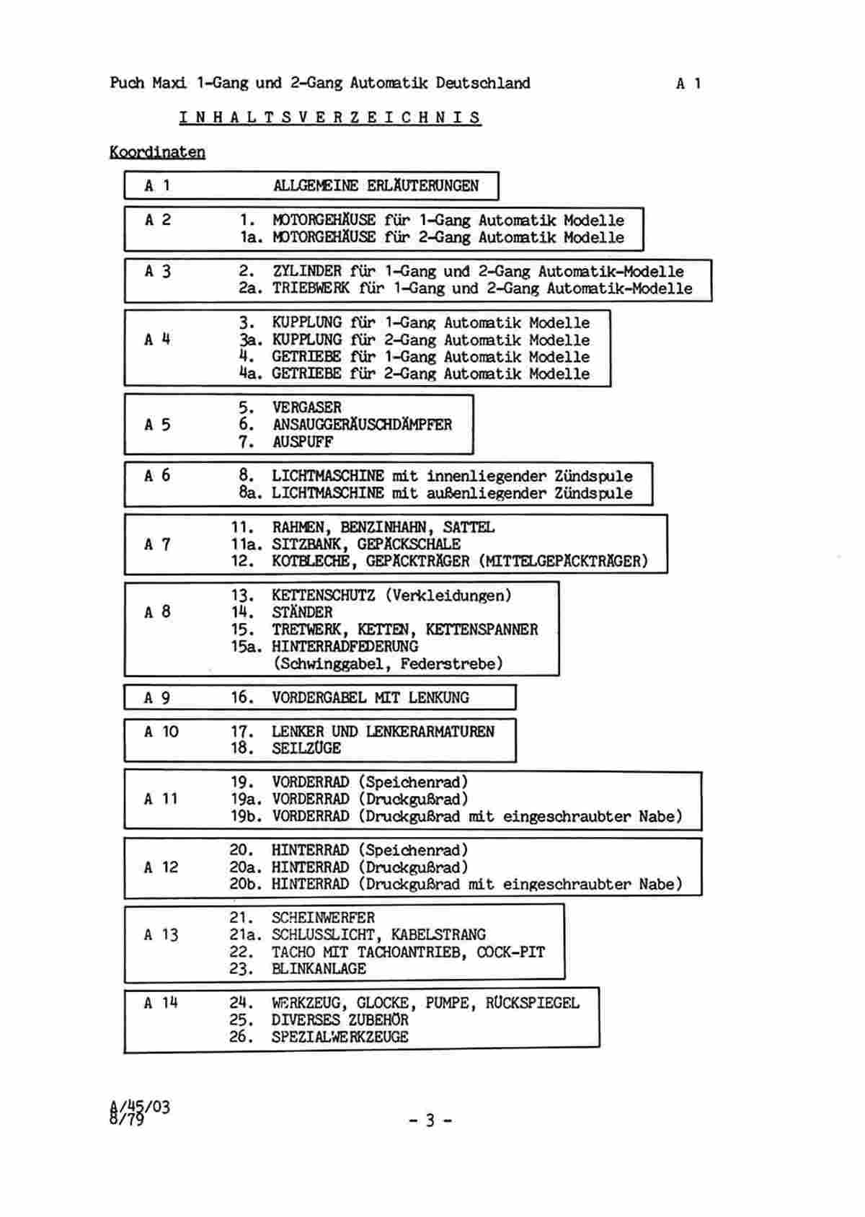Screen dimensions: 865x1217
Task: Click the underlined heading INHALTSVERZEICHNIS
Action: pyautogui.click(x=330, y=118)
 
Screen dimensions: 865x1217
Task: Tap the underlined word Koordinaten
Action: pyautogui.click(x=158, y=152)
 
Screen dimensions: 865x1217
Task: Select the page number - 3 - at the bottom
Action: pyautogui.click(x=430, y=1120)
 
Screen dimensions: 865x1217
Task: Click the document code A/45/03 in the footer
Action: pyautogui.click(x=140, y=1107)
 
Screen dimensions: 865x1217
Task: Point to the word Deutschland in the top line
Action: pyautogui.click(x=482, y=83)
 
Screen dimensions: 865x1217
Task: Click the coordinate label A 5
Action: pyautogui.click(x=158, y=425)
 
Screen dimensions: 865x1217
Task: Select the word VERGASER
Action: pyautogui.click(x=307, y=407)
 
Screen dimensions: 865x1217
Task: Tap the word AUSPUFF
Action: pyautogui.click(x=303, y=442)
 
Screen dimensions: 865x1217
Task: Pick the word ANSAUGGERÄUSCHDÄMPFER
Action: pyautogui.click(x=362, y=425)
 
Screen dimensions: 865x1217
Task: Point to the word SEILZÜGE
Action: pyautogui.click(x=306, y=748)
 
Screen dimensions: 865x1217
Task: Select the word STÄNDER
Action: pyautogui.click(x=302, y=612)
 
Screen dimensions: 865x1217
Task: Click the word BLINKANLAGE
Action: pyautogui.click(x=319, y=969)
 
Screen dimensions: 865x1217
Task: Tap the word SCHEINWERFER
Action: pyautogui.click(x=323, y=918)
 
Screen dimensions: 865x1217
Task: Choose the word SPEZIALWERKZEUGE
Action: pyautogui.click(x=340, y=1037)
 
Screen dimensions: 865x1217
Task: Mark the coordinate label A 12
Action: pyautogui.click(x=161, y=867)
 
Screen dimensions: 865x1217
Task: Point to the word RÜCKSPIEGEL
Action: pyautogui.click(x=533, y=1002)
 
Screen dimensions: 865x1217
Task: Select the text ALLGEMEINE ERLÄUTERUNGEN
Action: pyautogui.click(x=376, y=186)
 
